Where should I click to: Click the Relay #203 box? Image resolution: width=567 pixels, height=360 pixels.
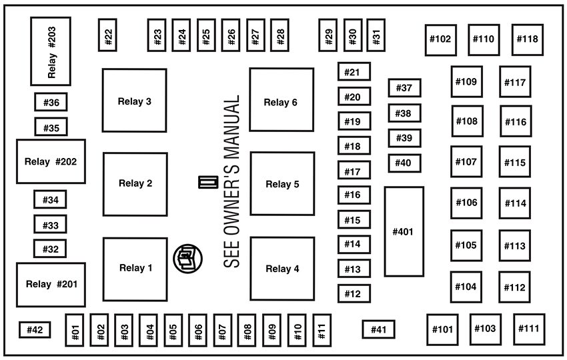51,51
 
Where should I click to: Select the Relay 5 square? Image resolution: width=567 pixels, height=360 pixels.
282,184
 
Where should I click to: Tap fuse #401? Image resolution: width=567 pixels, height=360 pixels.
404,231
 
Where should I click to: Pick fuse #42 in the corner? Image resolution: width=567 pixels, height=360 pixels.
35,329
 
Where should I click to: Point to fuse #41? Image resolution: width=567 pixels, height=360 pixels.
378,329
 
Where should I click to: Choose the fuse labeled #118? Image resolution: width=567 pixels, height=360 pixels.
526,39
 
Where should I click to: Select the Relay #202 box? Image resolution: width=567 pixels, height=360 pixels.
51,161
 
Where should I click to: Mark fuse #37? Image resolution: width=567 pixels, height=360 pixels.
404,88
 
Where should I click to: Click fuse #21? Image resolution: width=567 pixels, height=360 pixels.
354,72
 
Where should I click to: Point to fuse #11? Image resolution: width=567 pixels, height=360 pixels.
322,329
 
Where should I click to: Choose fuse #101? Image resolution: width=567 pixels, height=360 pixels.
442,329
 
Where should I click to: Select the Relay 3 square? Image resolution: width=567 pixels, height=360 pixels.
134,101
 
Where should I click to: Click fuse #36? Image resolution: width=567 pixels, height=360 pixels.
51,103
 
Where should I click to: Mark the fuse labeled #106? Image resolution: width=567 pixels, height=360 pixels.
466,203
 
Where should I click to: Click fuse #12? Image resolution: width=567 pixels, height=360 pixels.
354,293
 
